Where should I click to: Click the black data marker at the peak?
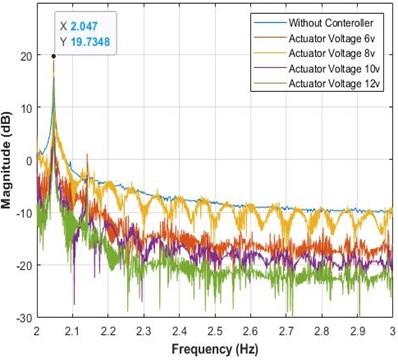click(x=53, y=56)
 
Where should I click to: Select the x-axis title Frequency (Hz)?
click(x=215, y=350)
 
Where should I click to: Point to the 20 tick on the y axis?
click(x=24, y=55)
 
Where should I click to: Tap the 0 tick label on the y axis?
click(x=27, y=160)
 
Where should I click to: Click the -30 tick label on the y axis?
click(x=21, y=317)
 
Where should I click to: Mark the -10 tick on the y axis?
click(x=21, y=212)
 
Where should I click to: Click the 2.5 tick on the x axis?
click(x=215, y=329)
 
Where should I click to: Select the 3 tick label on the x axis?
click(x=391, y=329)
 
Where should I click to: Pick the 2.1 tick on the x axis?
click(x=72, y=329)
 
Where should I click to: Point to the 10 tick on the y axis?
click(x=24, y=107)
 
